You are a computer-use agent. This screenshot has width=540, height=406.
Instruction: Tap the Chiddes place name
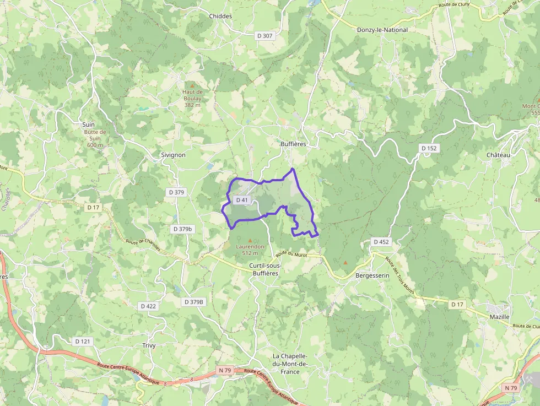[220, 16]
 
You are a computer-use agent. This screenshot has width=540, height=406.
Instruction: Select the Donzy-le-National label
[382, 30]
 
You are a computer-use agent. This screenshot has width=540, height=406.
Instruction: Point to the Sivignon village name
[172, 155]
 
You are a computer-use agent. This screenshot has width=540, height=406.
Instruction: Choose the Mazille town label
[499, 317]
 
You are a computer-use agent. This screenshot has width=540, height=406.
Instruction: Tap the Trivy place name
[149, 345]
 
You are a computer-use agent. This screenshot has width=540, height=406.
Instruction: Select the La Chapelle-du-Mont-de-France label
[294, 364]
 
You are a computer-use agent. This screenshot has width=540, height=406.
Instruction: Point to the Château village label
[499, 155]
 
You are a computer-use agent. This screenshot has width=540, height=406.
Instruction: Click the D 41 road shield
[242, 200]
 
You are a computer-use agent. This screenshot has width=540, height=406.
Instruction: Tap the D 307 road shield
[265, 35]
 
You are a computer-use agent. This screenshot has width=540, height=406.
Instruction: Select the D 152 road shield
[429, 148]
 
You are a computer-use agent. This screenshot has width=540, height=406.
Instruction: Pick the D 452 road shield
[381, 241]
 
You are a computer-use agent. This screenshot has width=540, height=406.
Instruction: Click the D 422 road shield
[148, 306]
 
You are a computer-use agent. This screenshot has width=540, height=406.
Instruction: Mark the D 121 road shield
[82, 342]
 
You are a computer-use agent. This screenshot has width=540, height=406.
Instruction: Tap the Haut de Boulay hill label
[192, 98]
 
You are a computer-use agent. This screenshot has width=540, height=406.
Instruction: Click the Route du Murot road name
[291, 253]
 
